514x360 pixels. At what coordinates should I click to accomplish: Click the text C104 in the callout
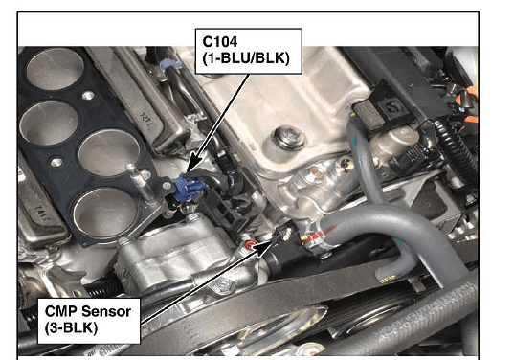(x=220, y=42)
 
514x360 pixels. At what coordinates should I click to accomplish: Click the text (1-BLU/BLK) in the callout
(x=246, y=58)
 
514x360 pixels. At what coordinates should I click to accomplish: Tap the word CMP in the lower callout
(x=61, y=311)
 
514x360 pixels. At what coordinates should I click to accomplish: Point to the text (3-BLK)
(x=72, y=327)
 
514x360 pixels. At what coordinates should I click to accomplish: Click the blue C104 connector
(x=189, y=189)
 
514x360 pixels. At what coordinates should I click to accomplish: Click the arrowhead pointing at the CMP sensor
(x=263, y=248)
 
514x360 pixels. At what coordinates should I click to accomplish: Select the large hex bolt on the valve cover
(x=289, y=137)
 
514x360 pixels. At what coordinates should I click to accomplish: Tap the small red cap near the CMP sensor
(x=251, y=244)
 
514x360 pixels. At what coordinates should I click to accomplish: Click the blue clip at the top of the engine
(x=170, y=64)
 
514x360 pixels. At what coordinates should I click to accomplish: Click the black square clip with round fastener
(x=391, y=105)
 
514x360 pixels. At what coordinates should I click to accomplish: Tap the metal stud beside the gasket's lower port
(x=141, y=184)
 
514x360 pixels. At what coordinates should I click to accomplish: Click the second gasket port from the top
(x=49, y=123)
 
